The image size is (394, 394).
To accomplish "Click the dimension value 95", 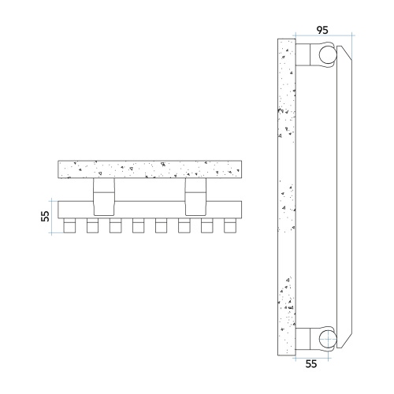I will [323, 29].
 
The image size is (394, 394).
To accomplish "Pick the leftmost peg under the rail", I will [69, 227].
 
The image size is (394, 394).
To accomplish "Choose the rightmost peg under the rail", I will [230, 227].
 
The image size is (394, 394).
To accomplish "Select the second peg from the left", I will [92, 227].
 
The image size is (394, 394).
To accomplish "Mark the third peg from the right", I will [184, 227].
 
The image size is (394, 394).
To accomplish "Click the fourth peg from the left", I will [138, 227].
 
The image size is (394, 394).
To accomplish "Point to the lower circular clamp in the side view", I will [325, 340].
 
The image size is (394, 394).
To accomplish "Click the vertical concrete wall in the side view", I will [286, 197].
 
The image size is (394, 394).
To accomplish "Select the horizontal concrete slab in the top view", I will [150, 169].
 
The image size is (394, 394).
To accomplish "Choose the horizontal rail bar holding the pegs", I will [150, 210].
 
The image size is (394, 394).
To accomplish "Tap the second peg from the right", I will [207, 227].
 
